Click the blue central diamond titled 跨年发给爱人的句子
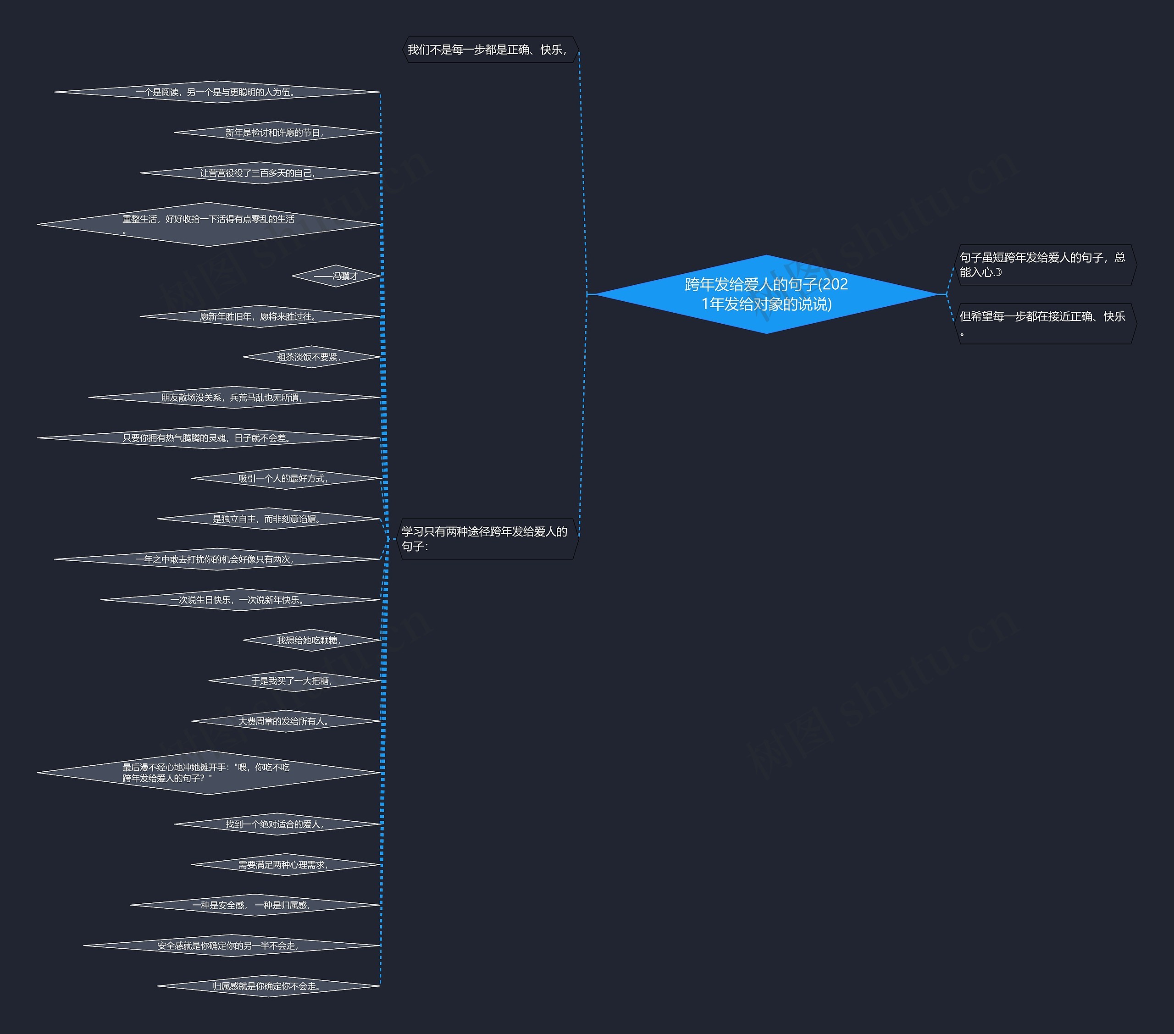[x=766, y=294]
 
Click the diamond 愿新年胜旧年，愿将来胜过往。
[x=259, y=316]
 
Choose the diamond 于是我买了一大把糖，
[x=293, y=681]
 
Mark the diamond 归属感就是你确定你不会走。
[x=268, y=986]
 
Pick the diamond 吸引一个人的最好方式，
[x=285, y=478]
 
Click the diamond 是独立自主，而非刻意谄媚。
[x=268, y=519]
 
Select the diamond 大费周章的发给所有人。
[x=285, y=721]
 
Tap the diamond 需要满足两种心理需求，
[x=285, y=864]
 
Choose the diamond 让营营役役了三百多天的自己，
[x=259, y=173]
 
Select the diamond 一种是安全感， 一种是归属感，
[x=255, y=905]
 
